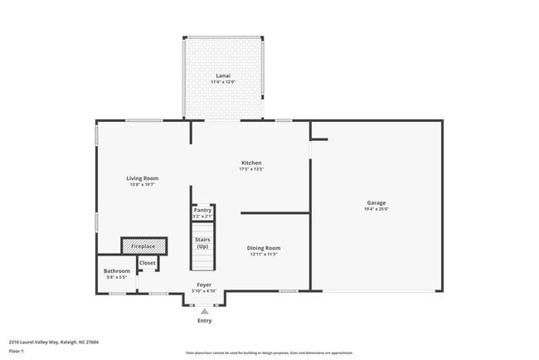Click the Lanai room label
(x=223, y=76)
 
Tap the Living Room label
(x=143, y=178)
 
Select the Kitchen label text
(x=251, y=163)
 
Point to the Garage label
(x=376, y=202)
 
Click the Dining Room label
(x=265, y=248)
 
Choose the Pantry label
(x=202, y=210)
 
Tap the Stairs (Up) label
(x=202, y=242)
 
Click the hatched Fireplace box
(x=144, y=246)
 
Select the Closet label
(x=147, y=263)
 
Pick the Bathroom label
(x=116, y=271)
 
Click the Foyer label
(x=204, y=285)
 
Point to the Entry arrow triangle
(x=204, y=311)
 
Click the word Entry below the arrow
(x=204, y=320)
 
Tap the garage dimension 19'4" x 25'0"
(x=376, y=209)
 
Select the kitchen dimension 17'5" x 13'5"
(x=251, y=169)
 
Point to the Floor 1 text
(x=17, y=351)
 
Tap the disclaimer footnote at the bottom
(x=269, y=353)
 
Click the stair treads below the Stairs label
(x=202, y=260)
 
